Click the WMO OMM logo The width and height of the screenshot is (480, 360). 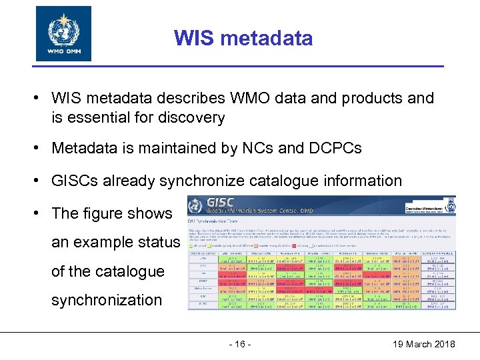pos(63,33)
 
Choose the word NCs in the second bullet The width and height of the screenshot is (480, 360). pos(261,148)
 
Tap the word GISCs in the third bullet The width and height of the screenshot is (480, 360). pos(73,181)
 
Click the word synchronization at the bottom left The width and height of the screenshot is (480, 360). pos(107,300)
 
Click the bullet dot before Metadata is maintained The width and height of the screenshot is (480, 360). pos(41,148)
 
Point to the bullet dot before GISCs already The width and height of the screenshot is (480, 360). pos(41,181)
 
